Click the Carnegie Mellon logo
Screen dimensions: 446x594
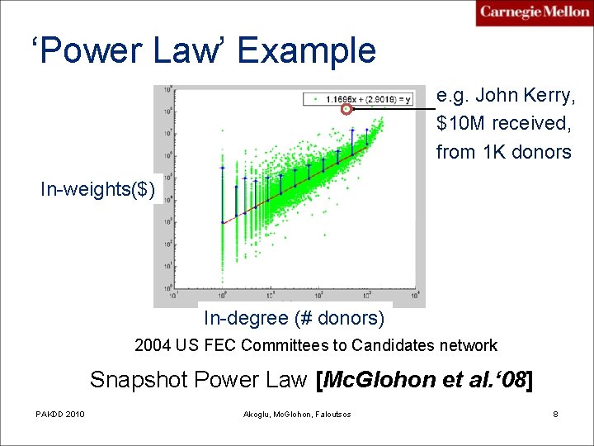534,13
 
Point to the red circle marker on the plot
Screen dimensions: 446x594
346,109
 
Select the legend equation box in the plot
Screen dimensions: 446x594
359,99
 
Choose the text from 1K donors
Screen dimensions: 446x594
503,152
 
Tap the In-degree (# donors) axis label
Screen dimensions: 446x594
295,318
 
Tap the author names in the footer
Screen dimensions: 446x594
297,414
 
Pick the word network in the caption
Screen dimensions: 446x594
468,345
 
